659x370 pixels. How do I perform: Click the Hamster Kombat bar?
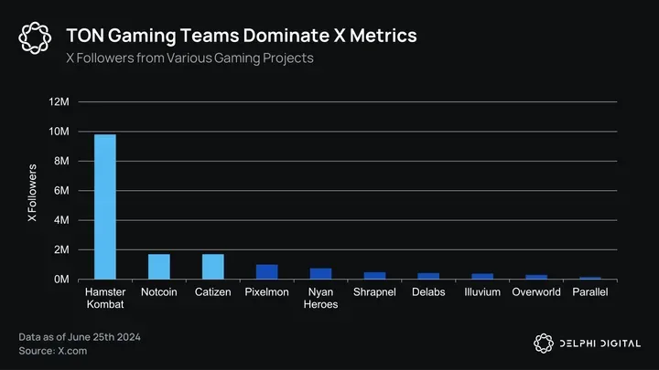(x=105, y=206)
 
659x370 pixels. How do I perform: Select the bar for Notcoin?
(x=159, y=267)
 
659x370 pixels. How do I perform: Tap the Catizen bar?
(x=213, y=267)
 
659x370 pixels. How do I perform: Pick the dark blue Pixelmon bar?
(x=266, y=272)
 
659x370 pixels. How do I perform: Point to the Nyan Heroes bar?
(x=320, y=274)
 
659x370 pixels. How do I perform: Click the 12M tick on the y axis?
(x=59, y=102)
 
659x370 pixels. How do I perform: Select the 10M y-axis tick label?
(x=59, y=132)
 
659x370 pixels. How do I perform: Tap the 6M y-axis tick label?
(x=62, y=191)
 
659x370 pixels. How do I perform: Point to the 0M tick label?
(x=62, y=280)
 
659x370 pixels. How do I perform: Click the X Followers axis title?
(x=33, y=194)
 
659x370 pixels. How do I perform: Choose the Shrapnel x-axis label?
(x=374, y=292)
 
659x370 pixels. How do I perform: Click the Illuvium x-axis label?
(x=482, y=292)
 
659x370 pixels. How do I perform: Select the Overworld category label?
(x=536, y=292)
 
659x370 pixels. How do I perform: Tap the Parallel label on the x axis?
(x=589, y=292)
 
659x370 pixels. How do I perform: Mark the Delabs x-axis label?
(x=428, y=292)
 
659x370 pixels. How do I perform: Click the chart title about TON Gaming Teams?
(x=242, y=36)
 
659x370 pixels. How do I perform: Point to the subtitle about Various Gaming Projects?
(x=189, y=58)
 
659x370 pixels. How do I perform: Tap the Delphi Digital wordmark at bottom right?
(x=600, y=344)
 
